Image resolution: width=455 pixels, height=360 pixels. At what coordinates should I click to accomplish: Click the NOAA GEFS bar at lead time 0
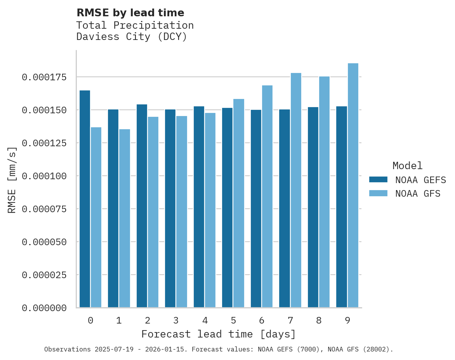[85, 199]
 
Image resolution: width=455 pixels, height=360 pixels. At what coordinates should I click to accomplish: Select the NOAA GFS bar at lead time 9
[353, 185]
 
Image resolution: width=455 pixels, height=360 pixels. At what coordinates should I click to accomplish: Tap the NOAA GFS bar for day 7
[296, 190]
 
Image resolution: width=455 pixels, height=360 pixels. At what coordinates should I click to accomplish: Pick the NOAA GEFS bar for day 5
[227, 208]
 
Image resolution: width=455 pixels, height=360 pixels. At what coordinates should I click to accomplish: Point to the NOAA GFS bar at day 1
[125, 218]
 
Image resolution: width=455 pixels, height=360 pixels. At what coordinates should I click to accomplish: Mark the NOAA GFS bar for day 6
[267, 196]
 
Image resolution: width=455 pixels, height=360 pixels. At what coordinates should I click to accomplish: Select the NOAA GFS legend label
[418, 193]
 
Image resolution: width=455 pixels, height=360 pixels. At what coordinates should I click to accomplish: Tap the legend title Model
[407, 166]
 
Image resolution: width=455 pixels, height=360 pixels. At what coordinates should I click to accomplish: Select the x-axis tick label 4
[205, 320]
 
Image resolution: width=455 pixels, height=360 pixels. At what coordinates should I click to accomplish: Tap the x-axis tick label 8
[319, 320]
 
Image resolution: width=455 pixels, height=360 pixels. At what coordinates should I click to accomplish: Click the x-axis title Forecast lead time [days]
[219, 334]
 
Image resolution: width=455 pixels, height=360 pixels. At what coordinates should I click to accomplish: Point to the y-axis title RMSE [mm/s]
[12, 180]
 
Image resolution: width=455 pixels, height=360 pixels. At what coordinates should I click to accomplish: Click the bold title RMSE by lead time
[130, 13]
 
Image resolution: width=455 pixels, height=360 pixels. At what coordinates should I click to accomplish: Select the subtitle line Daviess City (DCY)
[132, 37]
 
